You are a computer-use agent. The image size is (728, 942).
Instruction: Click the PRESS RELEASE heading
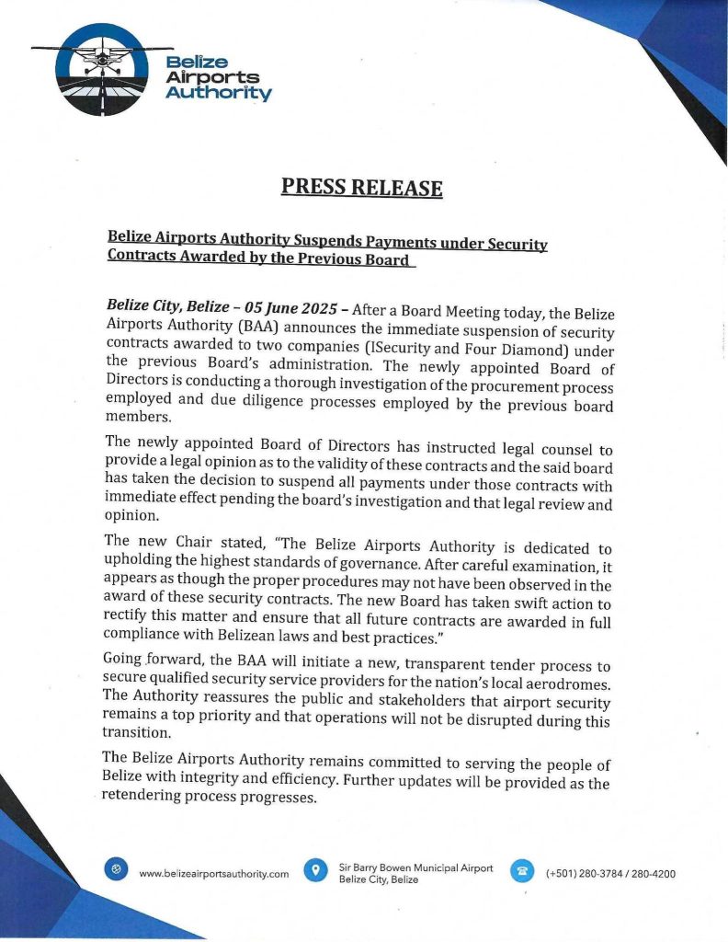(x=361, y=188)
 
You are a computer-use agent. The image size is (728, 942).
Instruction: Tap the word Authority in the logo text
(x=218, y=93)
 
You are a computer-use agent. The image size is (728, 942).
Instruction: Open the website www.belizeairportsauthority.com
(x=213, y=873)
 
